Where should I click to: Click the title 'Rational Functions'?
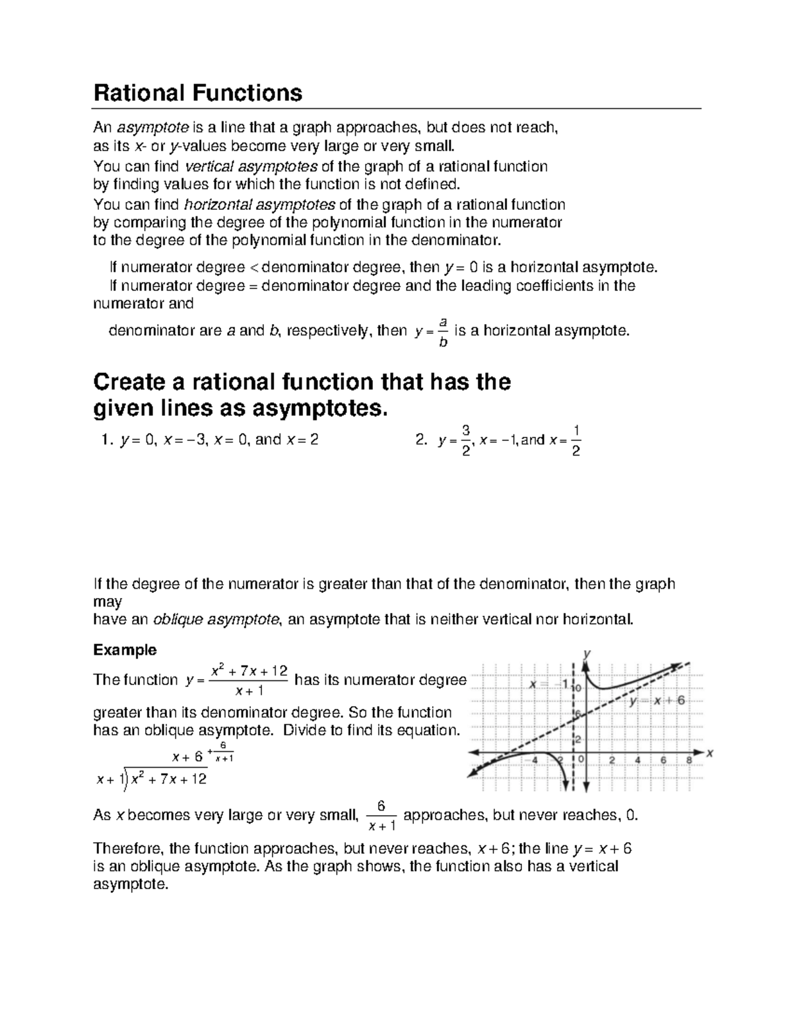tap(198, 93)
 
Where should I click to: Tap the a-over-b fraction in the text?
tap(444, 331)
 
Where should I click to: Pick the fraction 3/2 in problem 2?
tap(466, 441)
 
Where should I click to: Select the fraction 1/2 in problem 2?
tap(576, 441)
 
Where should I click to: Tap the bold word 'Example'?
tap(125, 650)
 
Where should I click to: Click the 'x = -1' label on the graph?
tap(546, 684)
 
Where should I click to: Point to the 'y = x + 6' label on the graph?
tap(657, 701)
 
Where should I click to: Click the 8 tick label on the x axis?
tap(688, 760)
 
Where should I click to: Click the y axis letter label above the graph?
tap(586, 653)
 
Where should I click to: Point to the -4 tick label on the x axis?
tap(533, 760)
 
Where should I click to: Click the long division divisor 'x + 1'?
tap(109, 780)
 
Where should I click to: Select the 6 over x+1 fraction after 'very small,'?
tap(380, 816)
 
